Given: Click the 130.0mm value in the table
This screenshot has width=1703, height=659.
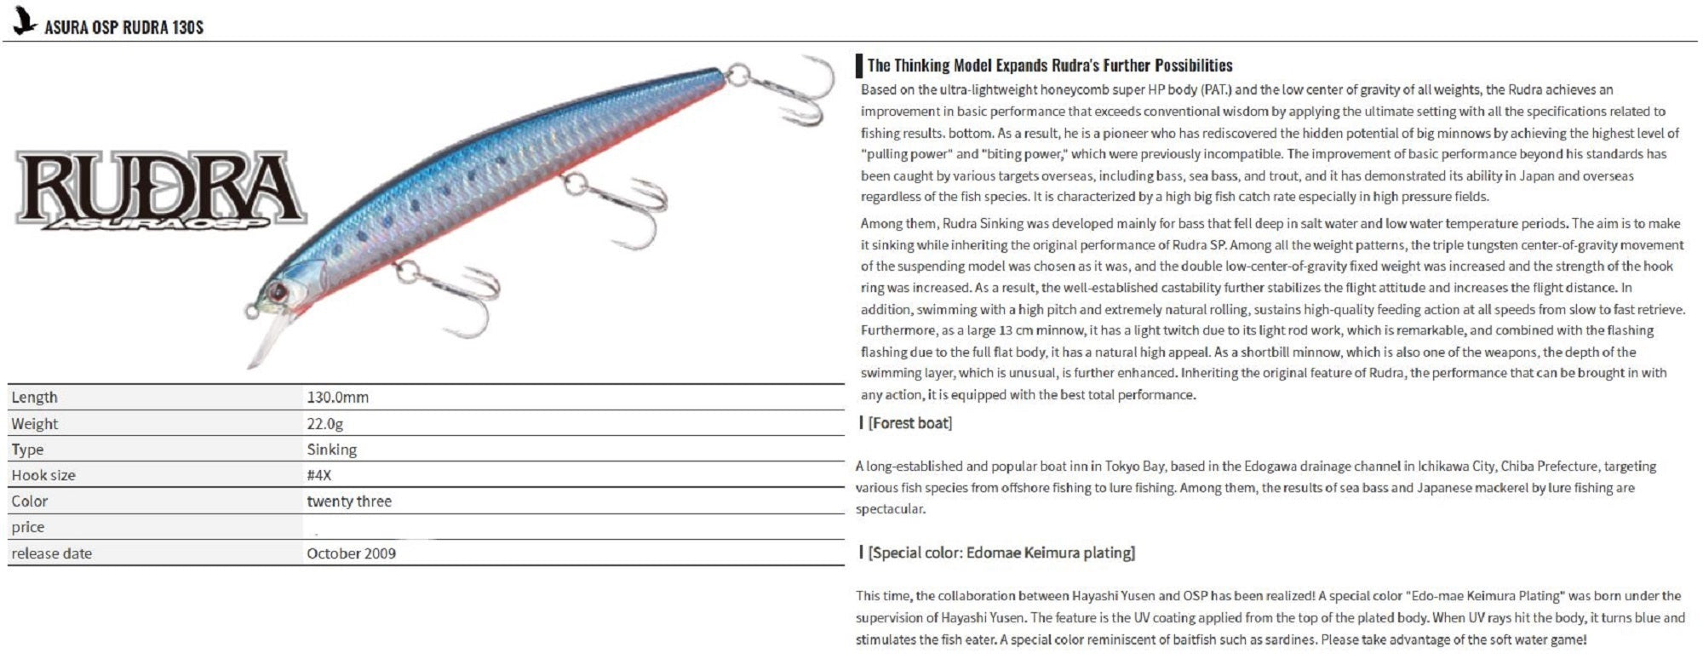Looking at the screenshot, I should click(x=337, y=398).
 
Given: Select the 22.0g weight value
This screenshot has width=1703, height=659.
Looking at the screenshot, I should click(x=324, y=424).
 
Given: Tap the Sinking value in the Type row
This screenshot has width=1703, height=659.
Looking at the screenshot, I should click(x=331, y=450).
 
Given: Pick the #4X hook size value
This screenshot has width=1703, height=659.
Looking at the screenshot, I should click(x=318, y=475).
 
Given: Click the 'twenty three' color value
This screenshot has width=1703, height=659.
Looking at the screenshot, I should click(x=349, y=501).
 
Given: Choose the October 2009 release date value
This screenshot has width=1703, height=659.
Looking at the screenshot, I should click(x=351, y=553).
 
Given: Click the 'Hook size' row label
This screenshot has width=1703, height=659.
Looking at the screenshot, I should click(x=43, y=475).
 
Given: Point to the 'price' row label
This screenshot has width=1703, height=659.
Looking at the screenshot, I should click(x=28, y=527).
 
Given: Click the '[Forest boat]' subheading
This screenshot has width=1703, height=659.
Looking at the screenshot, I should click(x=909, y=423).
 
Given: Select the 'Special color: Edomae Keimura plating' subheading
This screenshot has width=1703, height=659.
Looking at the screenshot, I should click(x=1001, y=553).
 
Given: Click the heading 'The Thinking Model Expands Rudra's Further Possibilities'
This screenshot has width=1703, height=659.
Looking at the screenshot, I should click(x=1049, y=66).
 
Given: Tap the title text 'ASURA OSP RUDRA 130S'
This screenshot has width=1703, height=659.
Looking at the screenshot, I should click(x=124, y=27).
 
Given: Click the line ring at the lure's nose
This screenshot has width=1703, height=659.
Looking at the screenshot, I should click(x=251, y=312).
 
